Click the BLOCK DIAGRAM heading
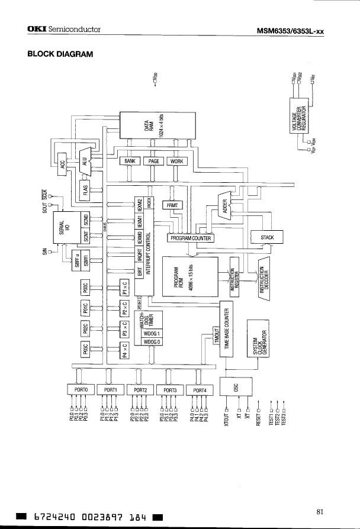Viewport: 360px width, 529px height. (60, 54)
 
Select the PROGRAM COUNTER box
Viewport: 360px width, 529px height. (191, 238)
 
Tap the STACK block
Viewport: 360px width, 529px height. (268, 237)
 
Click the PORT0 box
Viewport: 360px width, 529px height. (81, 390)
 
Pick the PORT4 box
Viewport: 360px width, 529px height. (200, 390)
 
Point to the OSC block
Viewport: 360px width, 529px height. (236, 387)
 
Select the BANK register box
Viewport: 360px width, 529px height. (130, 161)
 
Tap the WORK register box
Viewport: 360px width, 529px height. (176, 161)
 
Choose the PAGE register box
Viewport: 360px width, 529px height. (153, 161)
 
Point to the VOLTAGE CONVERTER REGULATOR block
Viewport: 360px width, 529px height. (298, 117)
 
